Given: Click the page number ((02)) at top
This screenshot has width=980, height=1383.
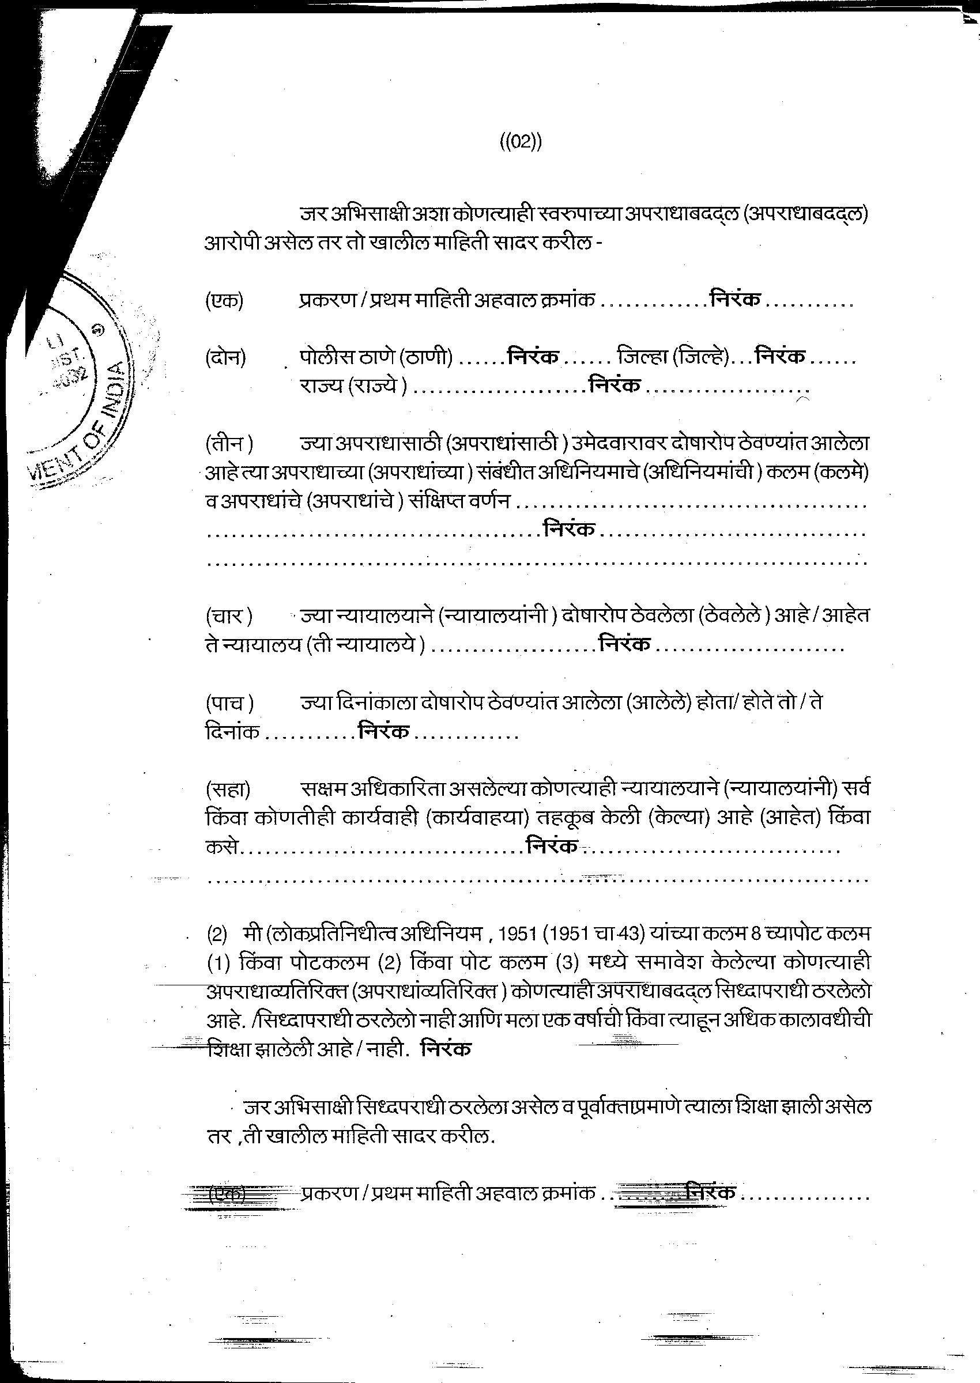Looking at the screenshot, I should click(521, 143).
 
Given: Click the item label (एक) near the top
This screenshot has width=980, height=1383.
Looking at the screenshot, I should click(224, 300).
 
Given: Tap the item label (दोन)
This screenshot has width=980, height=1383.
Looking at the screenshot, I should click(225, 358).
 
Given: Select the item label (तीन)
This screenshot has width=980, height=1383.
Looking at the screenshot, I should click(229, 444).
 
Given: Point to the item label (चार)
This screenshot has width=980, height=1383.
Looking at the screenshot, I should click(228, 617).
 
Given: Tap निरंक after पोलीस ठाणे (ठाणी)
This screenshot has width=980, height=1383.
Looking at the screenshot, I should click(533, 357).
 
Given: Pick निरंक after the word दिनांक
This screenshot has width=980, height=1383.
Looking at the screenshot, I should click(384, 732).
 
